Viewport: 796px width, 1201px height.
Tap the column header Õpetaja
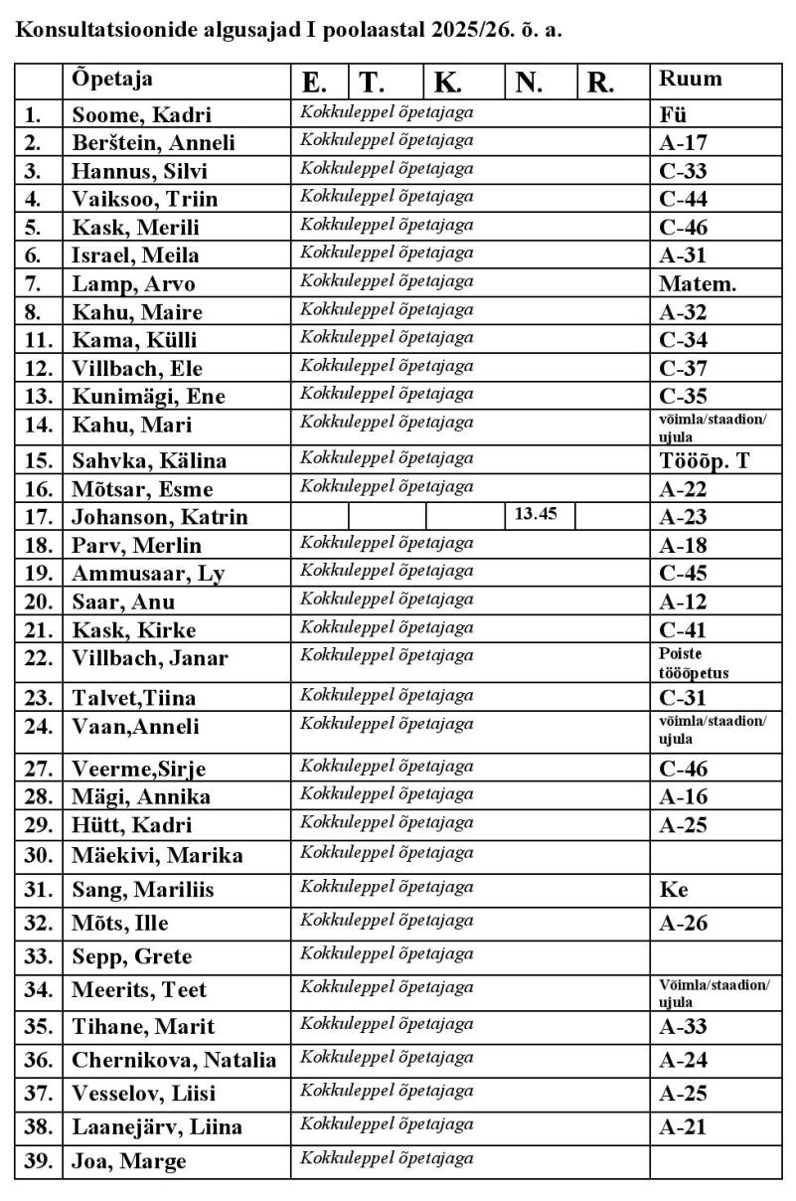point(112,80)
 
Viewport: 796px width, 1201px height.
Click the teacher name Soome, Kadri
point(141,114)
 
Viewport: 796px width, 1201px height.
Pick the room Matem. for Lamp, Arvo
point(698,284)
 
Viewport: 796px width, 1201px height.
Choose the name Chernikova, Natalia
point(174,1060)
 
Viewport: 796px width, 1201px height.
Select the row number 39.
point(38,1161)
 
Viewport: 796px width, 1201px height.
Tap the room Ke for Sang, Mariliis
point(674,890)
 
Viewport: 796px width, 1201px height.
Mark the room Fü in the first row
point(673,114)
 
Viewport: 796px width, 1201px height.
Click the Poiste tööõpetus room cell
point(694,663)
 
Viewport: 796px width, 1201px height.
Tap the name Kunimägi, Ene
point(149,396)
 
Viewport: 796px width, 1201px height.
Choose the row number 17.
point(38,517)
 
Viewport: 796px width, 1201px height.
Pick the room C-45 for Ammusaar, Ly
point(683,574)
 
